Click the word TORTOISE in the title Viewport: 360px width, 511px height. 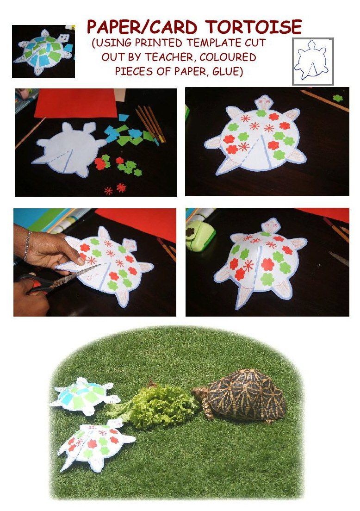point(254,27)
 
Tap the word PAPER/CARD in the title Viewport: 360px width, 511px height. point(142,27)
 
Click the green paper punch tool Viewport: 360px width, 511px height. point(199,235)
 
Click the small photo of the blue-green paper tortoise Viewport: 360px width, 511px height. point(43,51)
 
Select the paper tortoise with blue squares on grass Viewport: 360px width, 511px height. point(85,395)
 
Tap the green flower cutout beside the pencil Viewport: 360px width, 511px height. point(337,98)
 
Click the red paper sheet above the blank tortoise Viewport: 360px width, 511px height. point(75,103)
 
